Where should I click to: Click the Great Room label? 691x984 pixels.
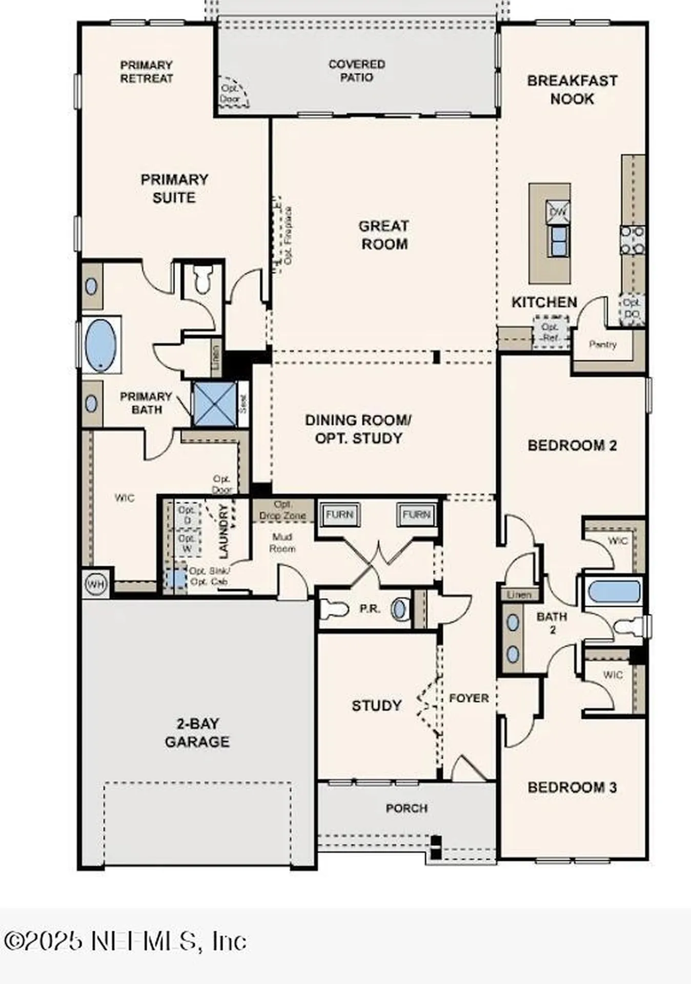(x=384, y=235)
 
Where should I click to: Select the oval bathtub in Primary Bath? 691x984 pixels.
(x=100, y=345)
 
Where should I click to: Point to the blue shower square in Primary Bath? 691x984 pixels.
(x=215, y=404)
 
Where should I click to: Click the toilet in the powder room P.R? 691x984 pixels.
(x=333, y=609)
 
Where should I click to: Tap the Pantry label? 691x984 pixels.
(x=602, y=344)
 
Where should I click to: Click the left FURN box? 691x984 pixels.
(x=339, y=514)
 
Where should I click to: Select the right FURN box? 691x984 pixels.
(x=416, y=514)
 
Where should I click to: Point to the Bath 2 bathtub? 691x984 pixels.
(x=614, y=591)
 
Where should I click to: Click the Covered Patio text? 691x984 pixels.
(x=357, y=71)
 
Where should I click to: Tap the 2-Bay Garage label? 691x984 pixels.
(x=197, y=732)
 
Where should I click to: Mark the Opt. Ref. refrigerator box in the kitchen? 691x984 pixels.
(x=551, y=332)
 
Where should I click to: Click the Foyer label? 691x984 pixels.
(x=469, y=698)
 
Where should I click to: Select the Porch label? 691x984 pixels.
(x=407, y=808)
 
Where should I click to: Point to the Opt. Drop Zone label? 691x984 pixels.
(x=282, y=510)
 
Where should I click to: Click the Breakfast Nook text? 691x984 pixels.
(x=572, y=89)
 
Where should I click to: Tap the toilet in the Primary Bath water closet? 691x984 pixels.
(x=203, y=279)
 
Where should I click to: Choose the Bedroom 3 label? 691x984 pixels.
(x=572, y=787)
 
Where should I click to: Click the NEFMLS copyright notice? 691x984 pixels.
(x=125, y=941)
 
